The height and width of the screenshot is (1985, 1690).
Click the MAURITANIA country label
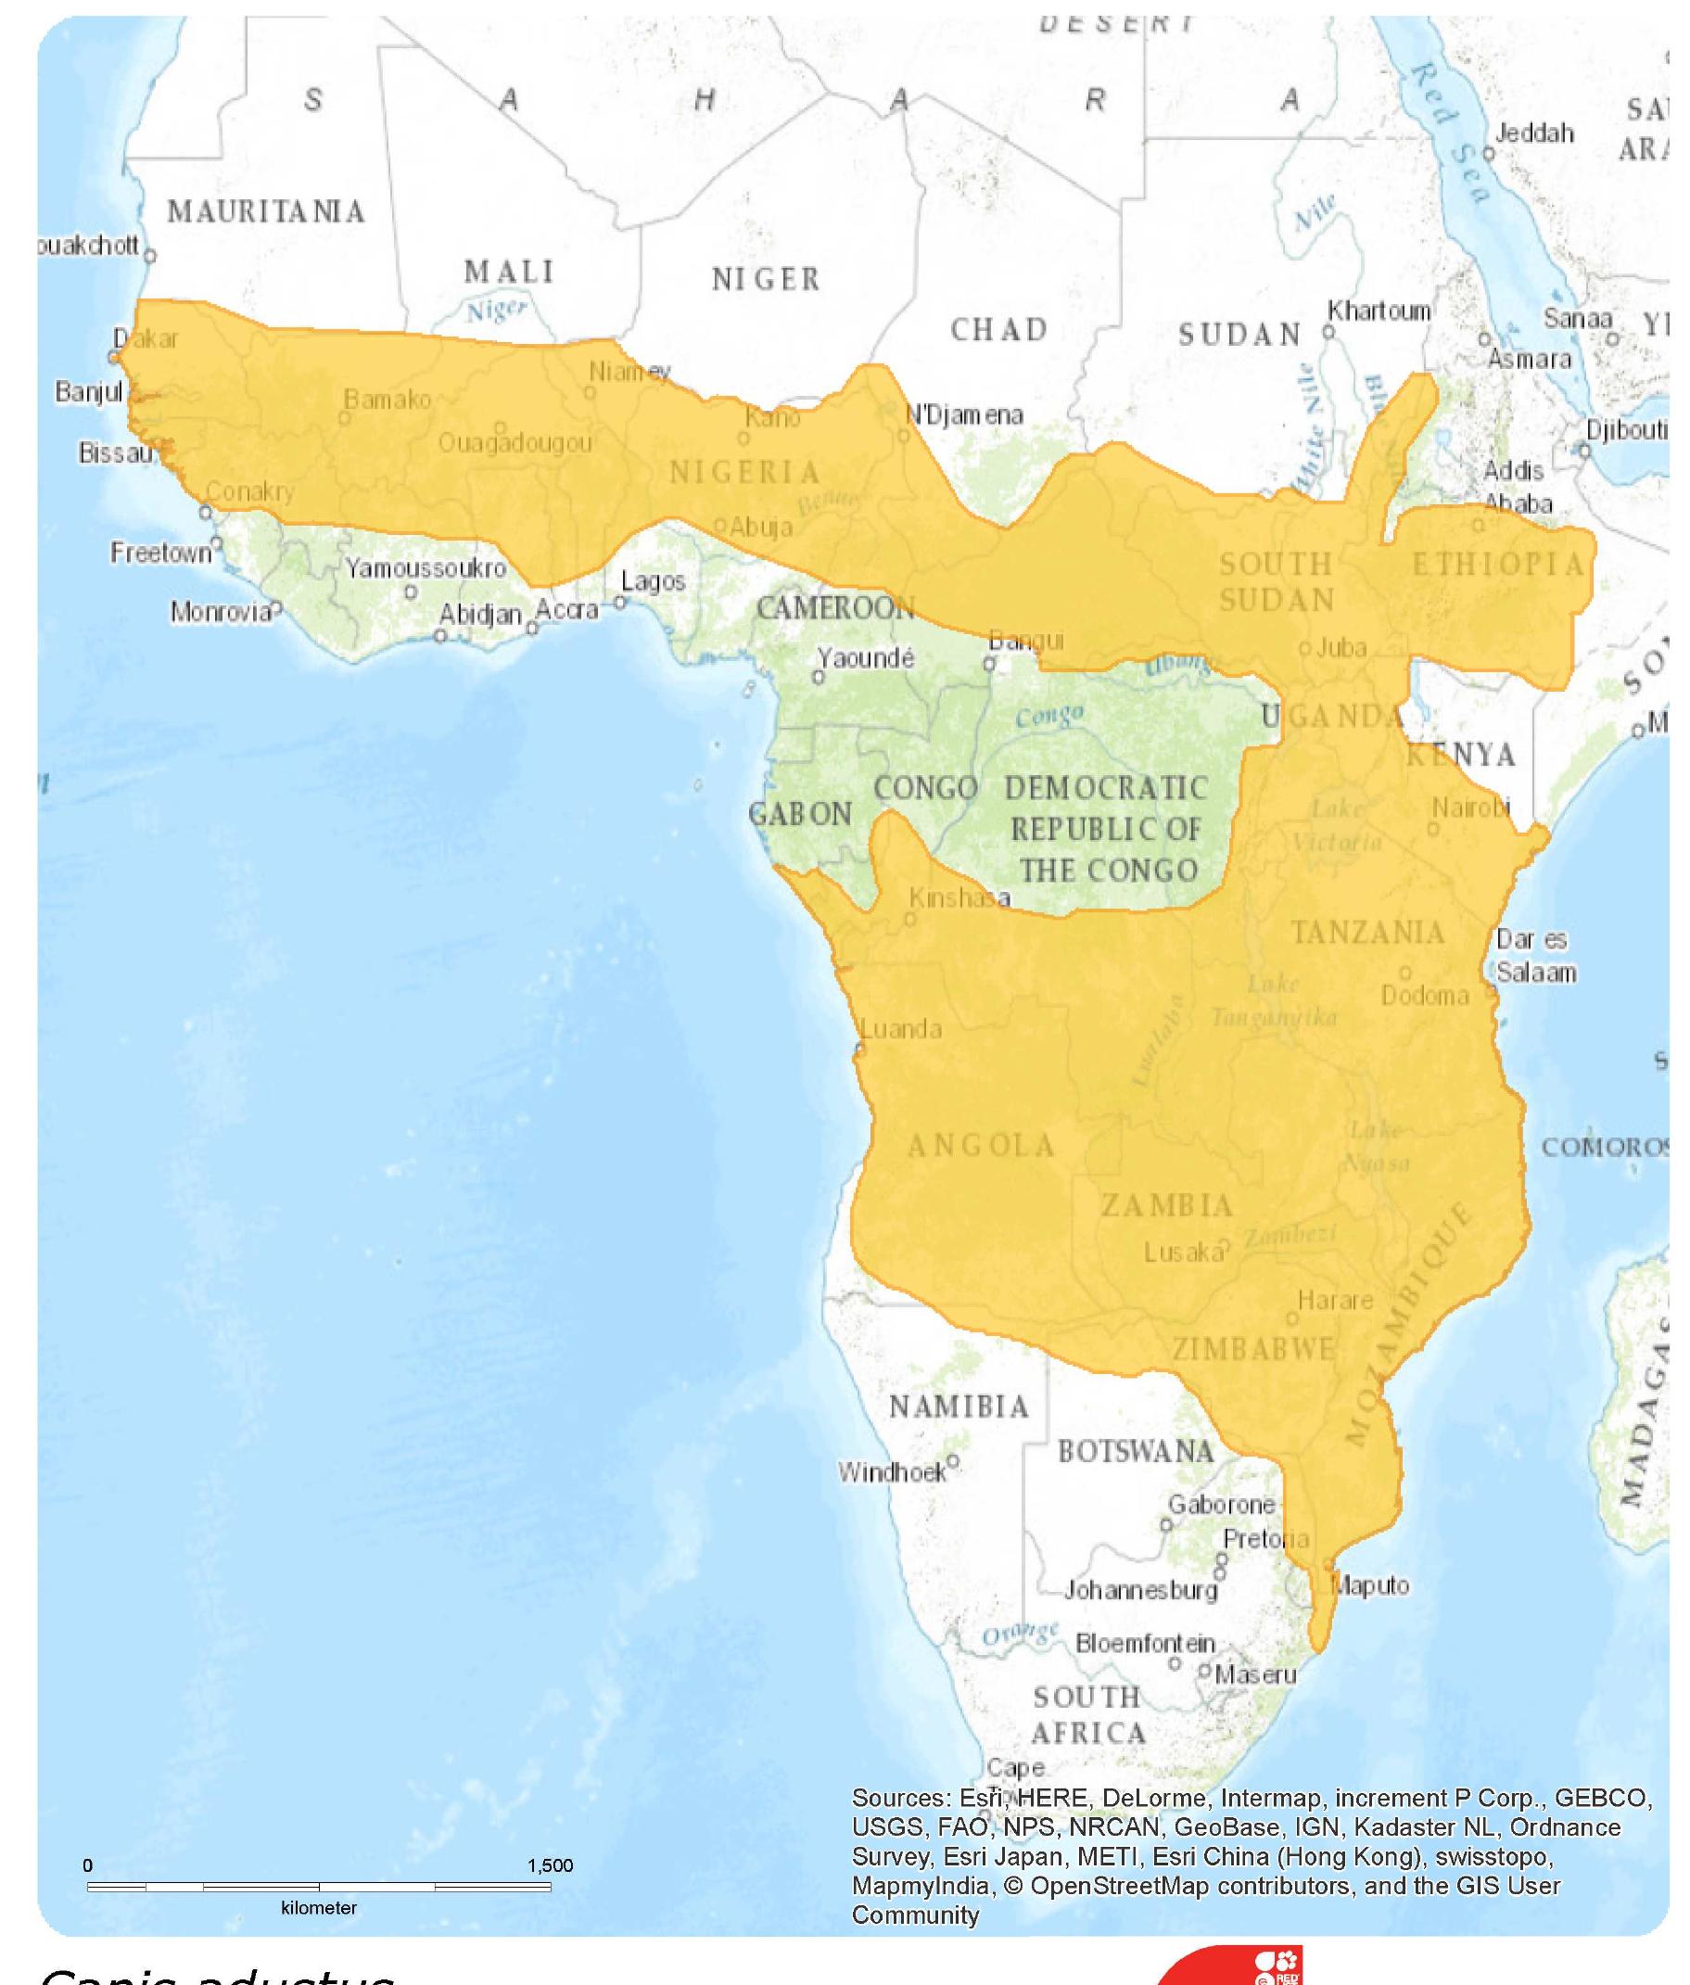[x=266, y=211]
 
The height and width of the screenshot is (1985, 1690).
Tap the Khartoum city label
[x=1379, y=312]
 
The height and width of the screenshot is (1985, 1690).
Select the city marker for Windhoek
[x=952, y=1463]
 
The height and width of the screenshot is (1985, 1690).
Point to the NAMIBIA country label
[x=959, y=1406]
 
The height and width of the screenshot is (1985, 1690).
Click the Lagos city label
[x=654, y=581]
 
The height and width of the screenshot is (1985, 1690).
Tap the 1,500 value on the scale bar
[x=549, y=1865]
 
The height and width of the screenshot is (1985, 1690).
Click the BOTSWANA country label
[x=1136, y=1451]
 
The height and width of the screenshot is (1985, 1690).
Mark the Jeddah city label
[x=1534, y=134]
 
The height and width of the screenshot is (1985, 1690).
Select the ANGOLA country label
[x=980, y=1145]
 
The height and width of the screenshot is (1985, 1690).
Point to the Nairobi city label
[x=1470, y=808]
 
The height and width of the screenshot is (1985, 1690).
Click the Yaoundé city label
[x=865, y=658]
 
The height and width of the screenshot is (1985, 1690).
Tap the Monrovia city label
[x=222, y=612]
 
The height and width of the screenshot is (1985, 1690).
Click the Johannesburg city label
[x=1141, y=1590]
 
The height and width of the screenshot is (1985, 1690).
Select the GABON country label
[x=800, y=814]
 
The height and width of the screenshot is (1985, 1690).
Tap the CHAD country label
[x=999, y=329]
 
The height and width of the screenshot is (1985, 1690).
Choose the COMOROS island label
[x=1604, y=1148]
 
